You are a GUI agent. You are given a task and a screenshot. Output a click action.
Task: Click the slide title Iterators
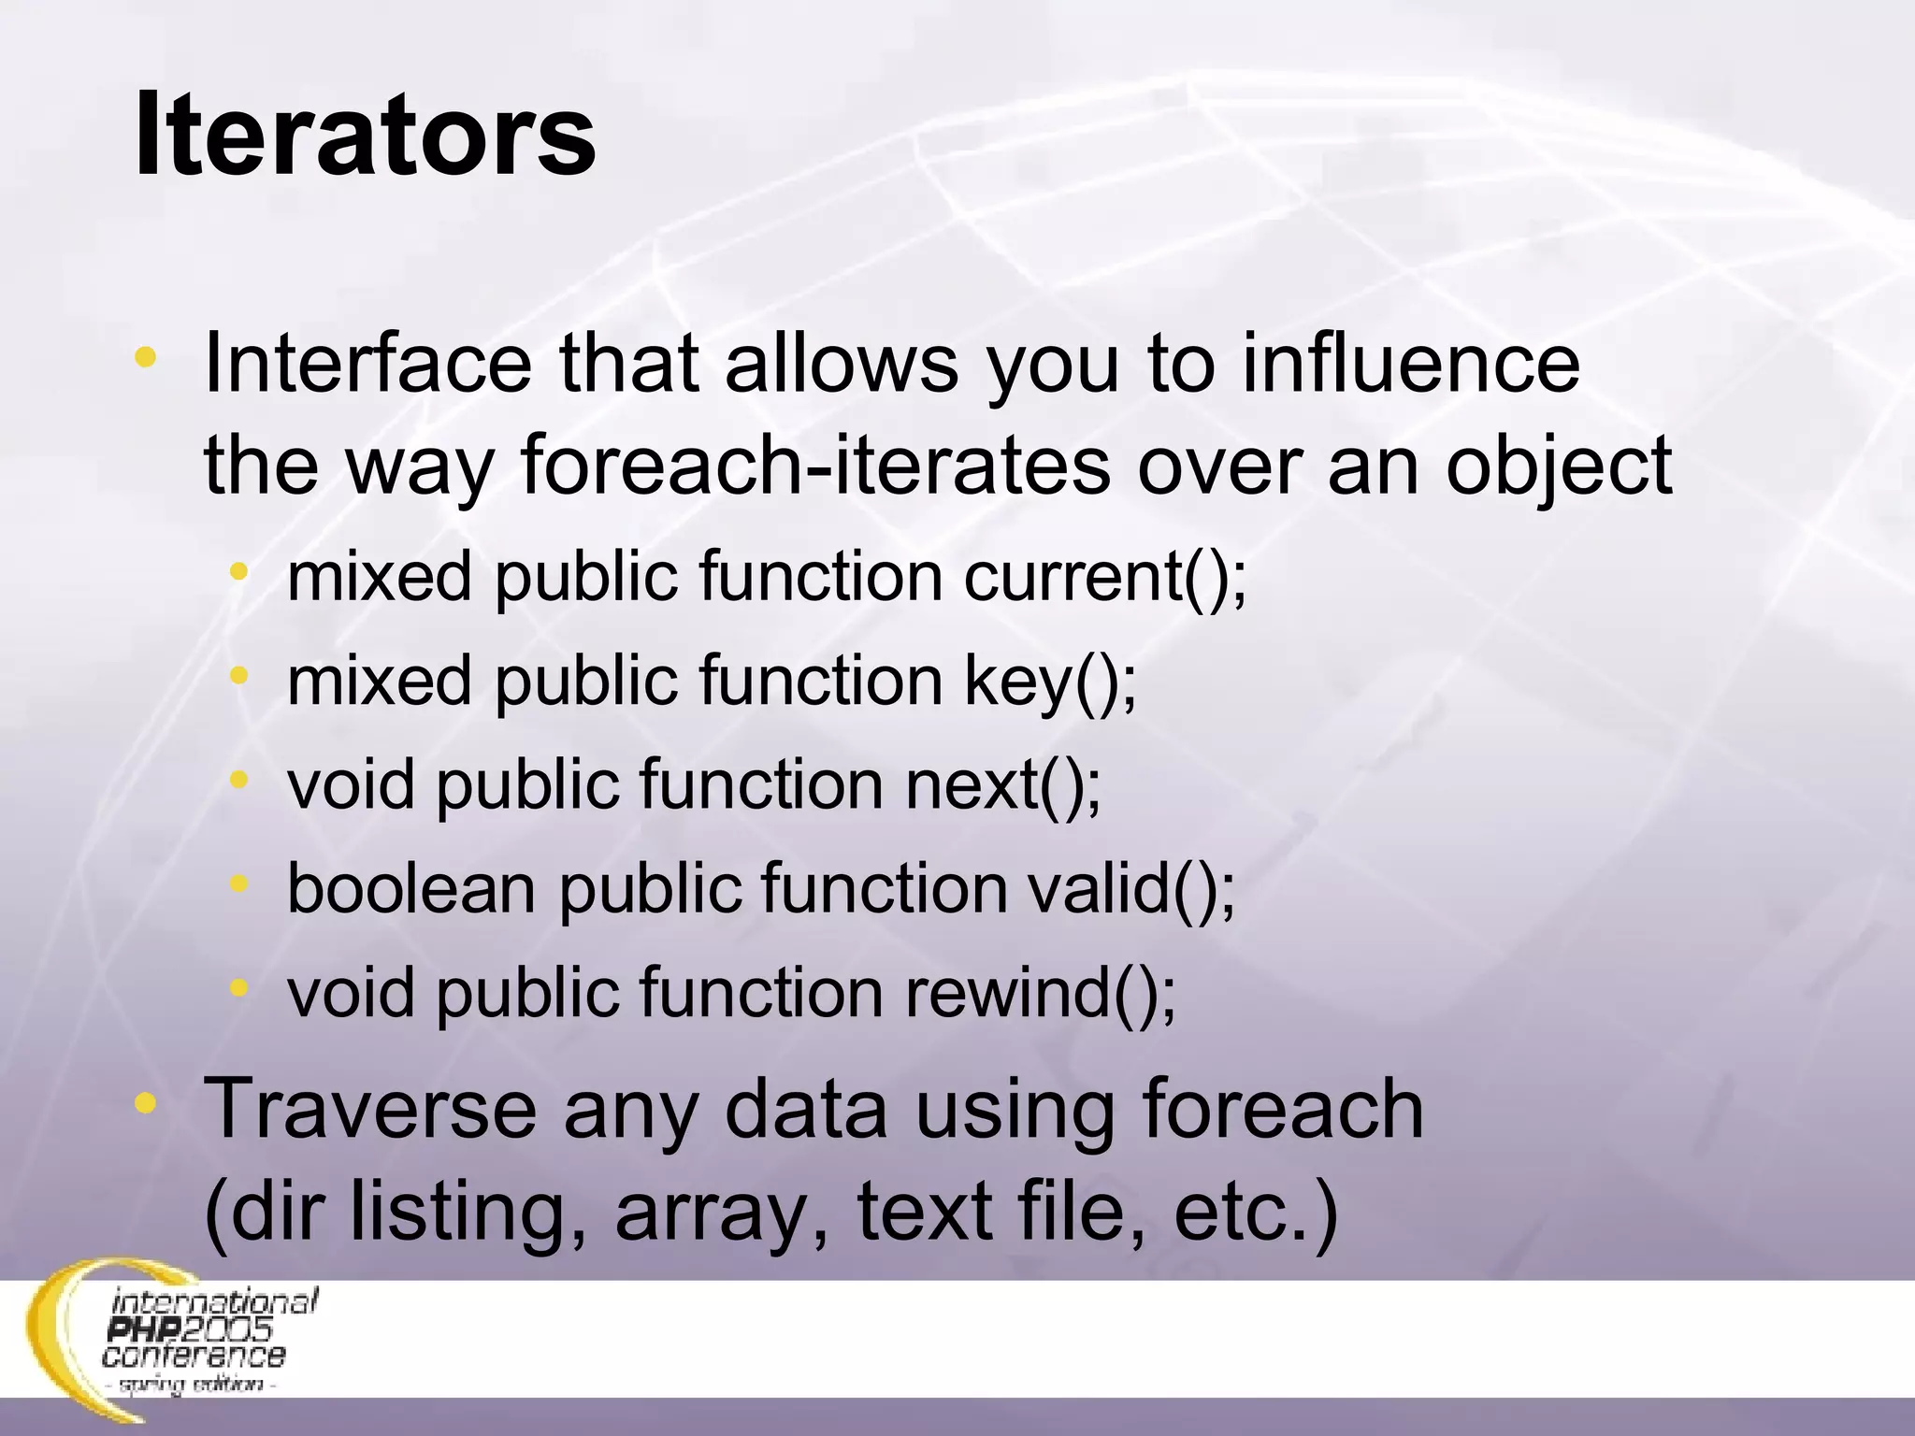coord(365,136)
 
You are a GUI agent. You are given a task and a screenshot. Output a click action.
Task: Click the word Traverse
coord(370,1110)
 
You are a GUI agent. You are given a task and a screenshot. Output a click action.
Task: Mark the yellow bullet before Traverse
coord(145,1103)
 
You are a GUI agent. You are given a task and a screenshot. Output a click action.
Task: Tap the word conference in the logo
coord(194,1355)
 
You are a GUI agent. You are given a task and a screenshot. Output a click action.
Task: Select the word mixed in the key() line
coord(379,681)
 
